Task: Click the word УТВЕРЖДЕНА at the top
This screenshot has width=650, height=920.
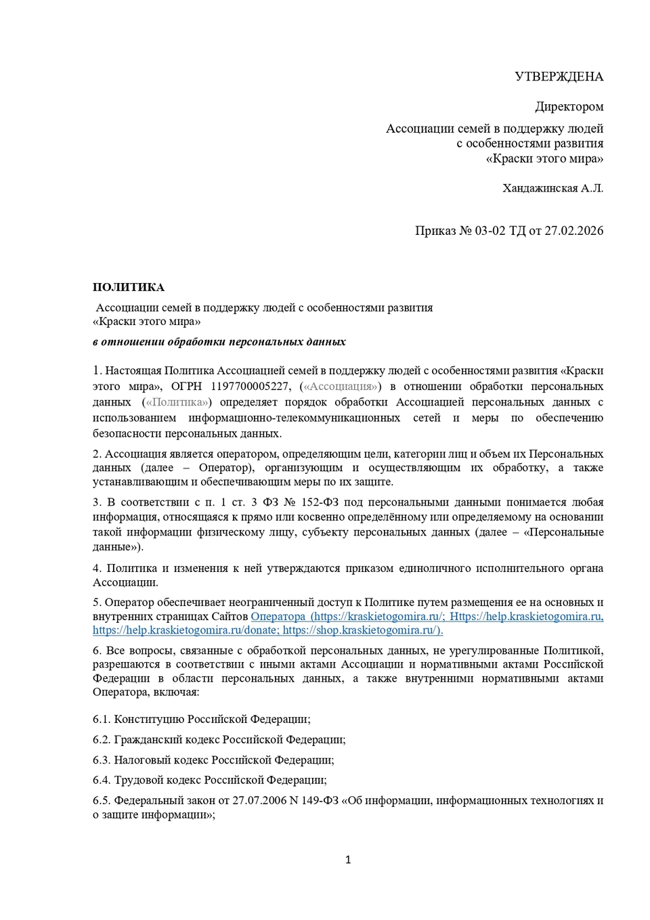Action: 559,76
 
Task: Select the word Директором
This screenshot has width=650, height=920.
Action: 569,106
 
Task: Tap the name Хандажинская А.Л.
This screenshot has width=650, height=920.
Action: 552,188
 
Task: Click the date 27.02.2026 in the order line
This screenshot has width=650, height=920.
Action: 573,231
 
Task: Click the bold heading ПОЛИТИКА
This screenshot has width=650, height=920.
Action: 129,287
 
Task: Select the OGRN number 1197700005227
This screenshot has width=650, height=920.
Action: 250,387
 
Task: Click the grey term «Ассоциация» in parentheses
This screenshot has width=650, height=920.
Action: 340,387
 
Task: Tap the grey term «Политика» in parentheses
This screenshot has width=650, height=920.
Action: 177,402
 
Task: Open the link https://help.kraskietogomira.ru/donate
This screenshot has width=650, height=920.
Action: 186,630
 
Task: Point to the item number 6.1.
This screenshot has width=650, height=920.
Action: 102,720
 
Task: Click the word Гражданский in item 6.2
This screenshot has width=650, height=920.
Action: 146,740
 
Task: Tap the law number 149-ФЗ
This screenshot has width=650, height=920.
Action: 320,801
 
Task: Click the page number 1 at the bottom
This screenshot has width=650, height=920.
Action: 348,860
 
